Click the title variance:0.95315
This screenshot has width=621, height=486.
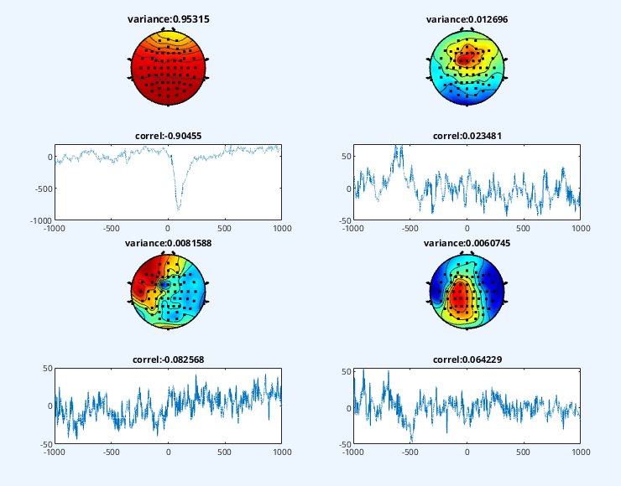pos(169,19)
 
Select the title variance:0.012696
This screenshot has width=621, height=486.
pos(467,19)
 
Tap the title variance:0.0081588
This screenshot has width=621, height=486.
pos(169,243)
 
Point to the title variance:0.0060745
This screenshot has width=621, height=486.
pos(467,243)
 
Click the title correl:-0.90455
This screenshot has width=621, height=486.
pos(169,136)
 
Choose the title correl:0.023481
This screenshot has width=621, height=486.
pos(467,136)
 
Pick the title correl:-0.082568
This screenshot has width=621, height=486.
pos(169,359)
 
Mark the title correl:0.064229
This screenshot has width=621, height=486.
pos(467,359)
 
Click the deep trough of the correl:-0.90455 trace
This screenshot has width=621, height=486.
pos(178,209)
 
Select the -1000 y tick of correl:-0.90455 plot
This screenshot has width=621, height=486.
pos(41,220)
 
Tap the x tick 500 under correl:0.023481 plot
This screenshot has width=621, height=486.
pos(523,229)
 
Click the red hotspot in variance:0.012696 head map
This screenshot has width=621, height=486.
pos(464,59)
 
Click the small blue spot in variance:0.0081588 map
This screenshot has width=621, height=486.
pos(163,284)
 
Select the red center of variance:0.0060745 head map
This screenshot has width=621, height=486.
pos(459,297)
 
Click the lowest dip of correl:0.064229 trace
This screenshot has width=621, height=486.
pos(411,439)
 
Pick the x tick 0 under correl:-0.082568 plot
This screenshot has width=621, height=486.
pos(169,452)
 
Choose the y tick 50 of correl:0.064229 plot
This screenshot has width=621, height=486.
pos(347,372)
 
